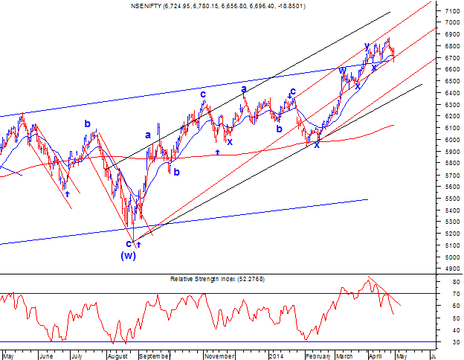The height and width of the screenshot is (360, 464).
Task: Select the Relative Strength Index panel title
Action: coord(217,279)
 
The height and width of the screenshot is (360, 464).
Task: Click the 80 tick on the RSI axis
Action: coord(456,282)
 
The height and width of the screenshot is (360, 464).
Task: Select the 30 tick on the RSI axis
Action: coord(456,342)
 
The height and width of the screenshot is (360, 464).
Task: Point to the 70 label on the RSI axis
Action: coord(456,294)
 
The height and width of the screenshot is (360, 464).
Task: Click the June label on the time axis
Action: coord(46,356)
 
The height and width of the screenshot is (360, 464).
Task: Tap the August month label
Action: coord(117,356)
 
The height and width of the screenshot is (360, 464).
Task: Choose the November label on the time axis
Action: coord(219,356)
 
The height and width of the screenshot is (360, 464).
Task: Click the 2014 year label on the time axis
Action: coord(276,356)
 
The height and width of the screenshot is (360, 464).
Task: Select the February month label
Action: coord(318,356)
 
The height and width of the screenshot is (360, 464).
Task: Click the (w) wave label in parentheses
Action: coord(128,255)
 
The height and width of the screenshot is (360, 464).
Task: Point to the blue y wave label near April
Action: coord(367,46)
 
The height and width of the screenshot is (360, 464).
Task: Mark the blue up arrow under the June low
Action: coord(68,194)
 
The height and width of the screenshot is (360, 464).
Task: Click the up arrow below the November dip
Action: coord(217,152)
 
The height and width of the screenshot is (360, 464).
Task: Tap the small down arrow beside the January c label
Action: coord(289,96)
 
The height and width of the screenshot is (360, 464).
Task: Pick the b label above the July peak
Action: coord(87,123)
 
